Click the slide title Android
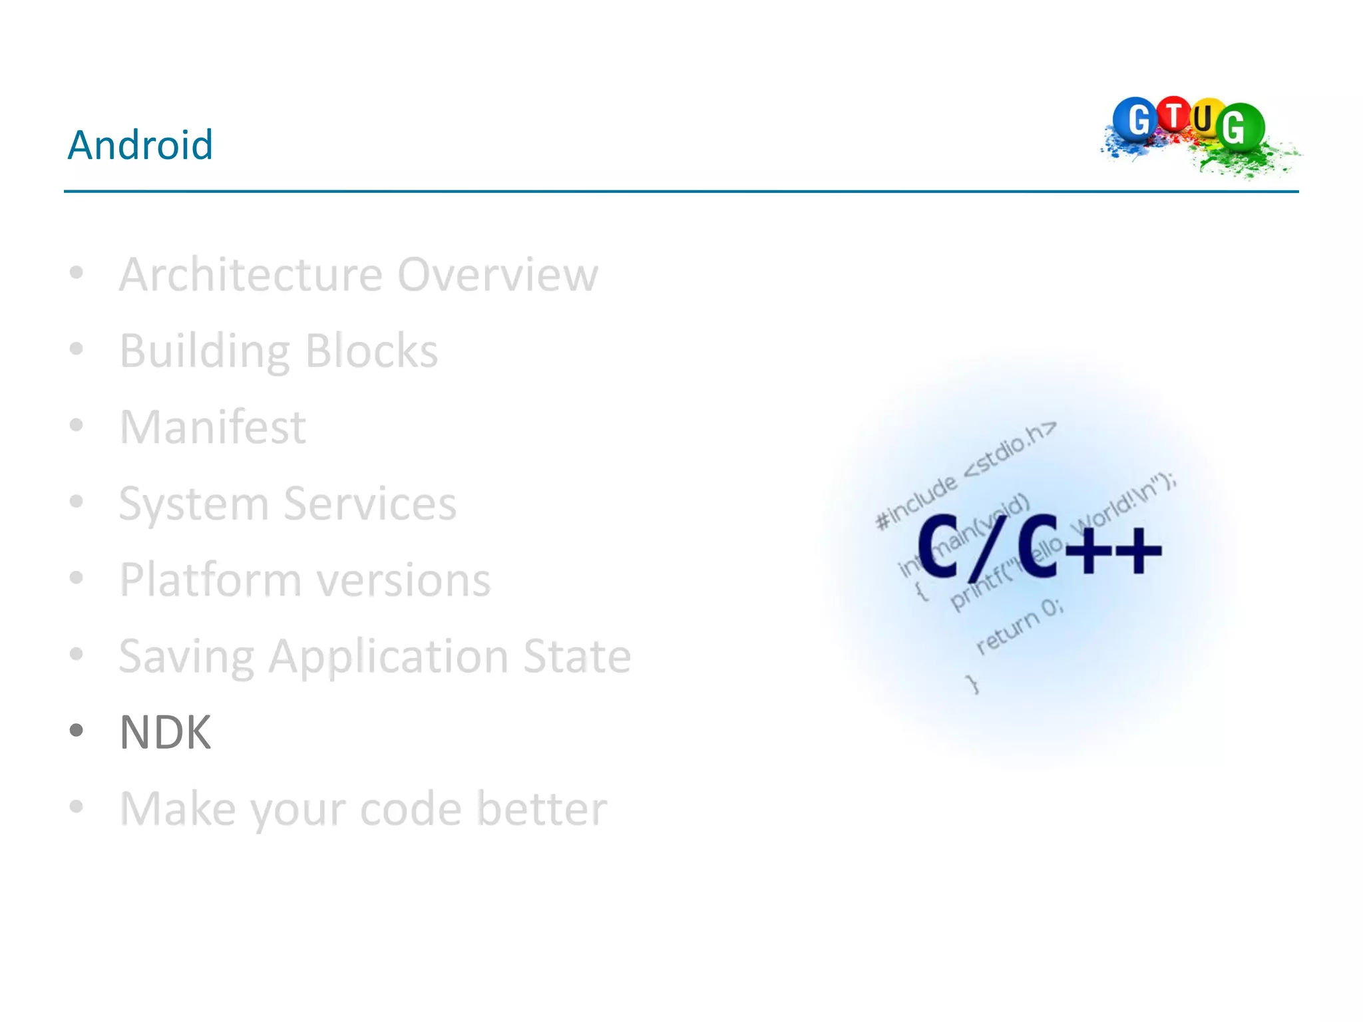point(140,144)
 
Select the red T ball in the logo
point(1174,115)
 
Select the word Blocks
point(371,351)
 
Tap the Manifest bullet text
point(212,427)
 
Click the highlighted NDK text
point(165,733)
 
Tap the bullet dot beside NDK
point(77,731)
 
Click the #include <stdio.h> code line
point(965,476)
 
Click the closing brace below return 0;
point(974,684)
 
